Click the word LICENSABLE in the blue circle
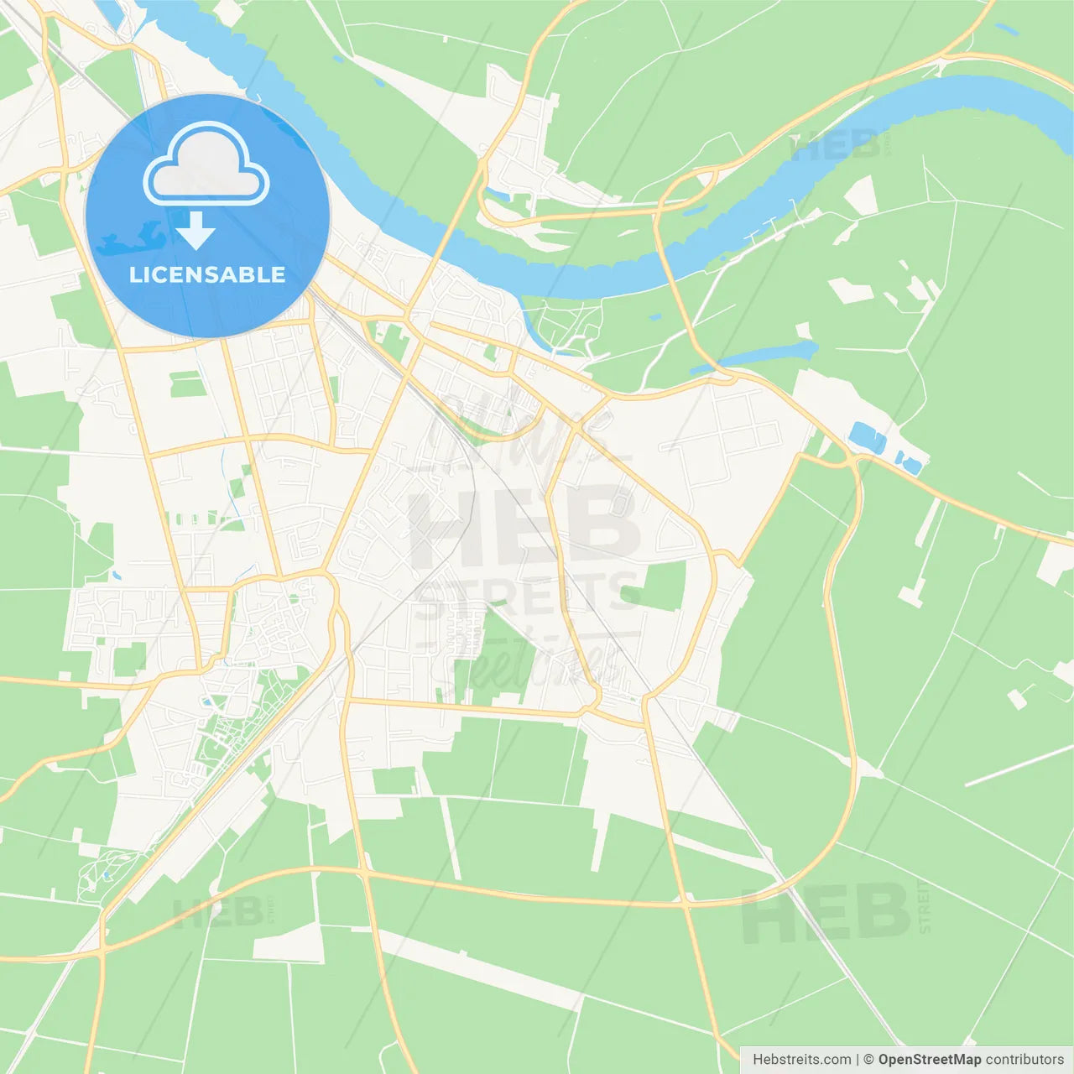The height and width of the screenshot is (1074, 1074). click(x=207, y=274)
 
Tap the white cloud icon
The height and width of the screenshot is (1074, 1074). click(x=206, y=165)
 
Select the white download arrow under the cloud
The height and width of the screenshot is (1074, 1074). click(x=196, y=231)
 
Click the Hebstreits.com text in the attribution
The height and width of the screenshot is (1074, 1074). click(x=801, y=1059)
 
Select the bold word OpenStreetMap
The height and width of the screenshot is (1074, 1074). click(x=929, y=1059)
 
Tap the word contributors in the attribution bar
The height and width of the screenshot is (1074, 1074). click(x=1024, y=1059)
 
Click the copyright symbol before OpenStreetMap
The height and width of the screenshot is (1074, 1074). click(x=868, y=1059)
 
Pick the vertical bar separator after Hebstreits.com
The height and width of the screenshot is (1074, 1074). click(x=857, y=1059)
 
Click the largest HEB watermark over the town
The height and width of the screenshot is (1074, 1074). click(x=524, y=524)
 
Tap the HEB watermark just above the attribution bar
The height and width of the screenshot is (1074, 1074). click(x=826, y=913)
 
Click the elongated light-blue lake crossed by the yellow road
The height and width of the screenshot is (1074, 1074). click(x=768, y=353)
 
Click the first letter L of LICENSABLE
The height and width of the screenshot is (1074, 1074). click(x=134, y=274)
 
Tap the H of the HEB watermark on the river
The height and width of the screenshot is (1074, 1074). click(x=803, y=148)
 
